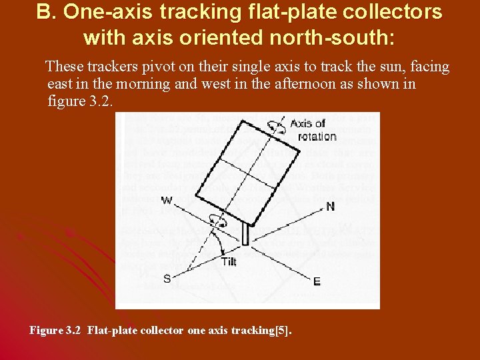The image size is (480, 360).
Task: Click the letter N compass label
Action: [330, 207]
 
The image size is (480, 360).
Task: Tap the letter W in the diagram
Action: [166, 200]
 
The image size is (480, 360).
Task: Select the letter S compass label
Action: [167, 279]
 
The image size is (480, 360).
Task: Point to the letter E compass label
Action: [316, 281]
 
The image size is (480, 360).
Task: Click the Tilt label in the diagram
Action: [228, 262]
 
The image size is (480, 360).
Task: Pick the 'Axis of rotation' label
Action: [313, 130]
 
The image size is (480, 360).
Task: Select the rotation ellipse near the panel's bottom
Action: [217, 219]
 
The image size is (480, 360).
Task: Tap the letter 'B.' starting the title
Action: [46, 11]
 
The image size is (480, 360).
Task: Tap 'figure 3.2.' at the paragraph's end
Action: [79, 102]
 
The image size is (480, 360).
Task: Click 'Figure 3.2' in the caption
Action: [56, 330]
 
